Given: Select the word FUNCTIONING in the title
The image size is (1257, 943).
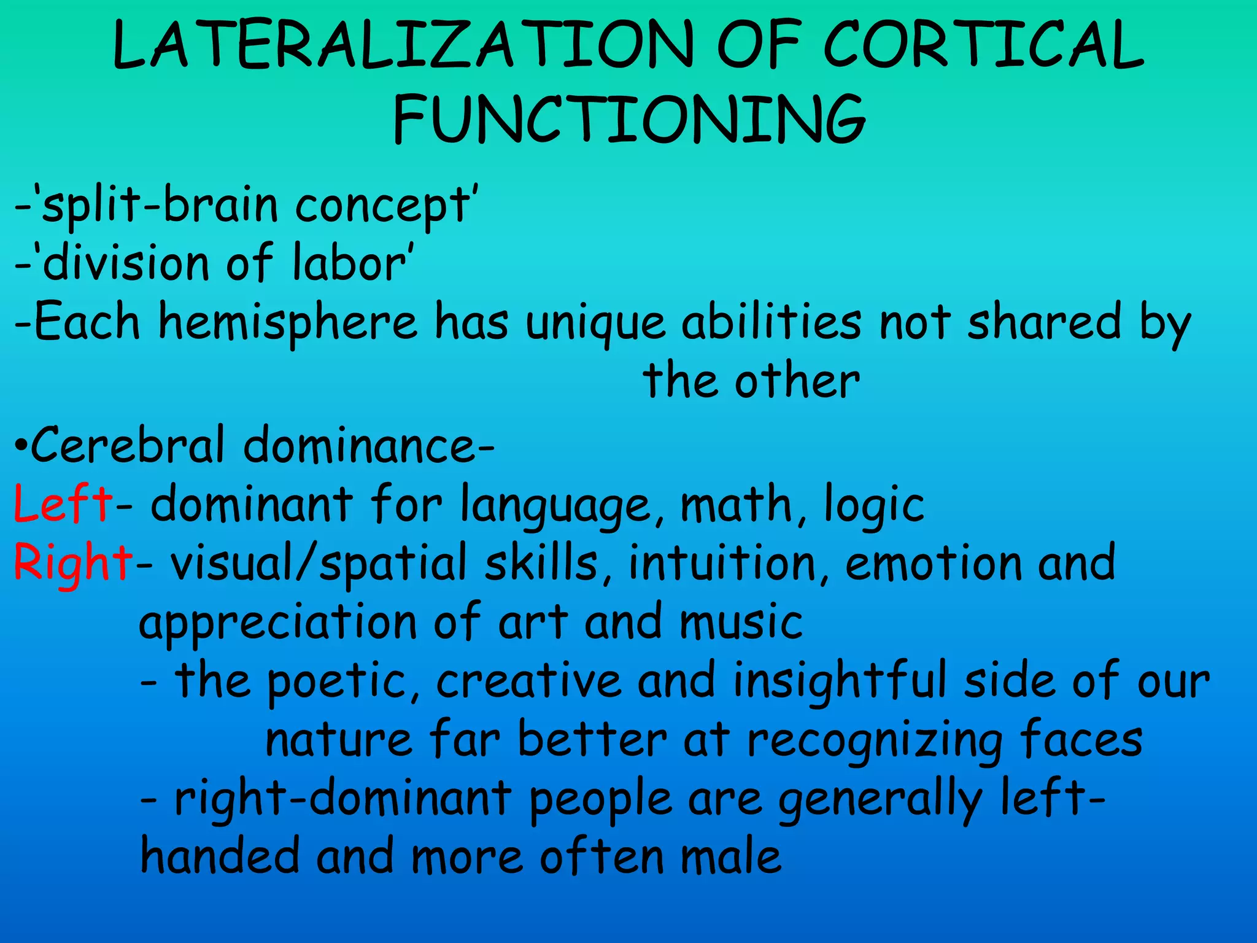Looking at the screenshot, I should click(629, 120).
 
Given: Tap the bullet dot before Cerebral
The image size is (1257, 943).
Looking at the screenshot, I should click(20, 444).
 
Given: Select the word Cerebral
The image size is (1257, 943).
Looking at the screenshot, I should click(128, 444).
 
